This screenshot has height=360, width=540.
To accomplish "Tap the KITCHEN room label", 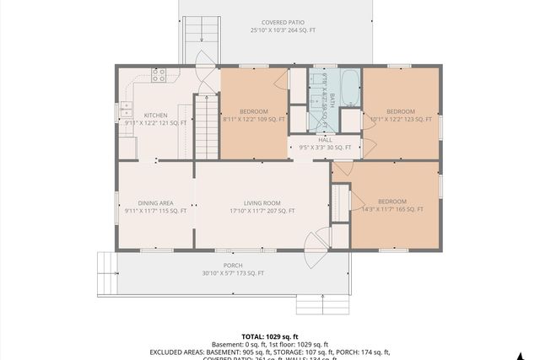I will (155, 116).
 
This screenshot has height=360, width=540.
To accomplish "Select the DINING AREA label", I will (155, 202).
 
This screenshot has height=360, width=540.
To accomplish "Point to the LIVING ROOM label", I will (262, 202).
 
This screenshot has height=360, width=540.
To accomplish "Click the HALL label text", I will (325, 140).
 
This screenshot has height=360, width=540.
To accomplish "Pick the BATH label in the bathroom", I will (332, 99).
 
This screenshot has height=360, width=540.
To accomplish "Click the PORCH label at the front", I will (234, 265).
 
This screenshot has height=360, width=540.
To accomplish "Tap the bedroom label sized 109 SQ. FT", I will (253, 112).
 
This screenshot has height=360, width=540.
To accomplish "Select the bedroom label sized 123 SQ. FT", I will (401, 112).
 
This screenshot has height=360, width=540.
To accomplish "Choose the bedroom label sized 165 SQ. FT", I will (392, 201).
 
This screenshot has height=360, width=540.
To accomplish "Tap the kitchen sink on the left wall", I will (126, 108).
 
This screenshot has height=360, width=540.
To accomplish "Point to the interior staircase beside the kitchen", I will (207, 126).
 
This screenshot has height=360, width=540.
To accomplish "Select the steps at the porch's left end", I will (107, 273).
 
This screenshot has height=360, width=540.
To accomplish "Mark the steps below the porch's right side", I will (320, 304).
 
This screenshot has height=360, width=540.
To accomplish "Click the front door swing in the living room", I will (315, 243).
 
